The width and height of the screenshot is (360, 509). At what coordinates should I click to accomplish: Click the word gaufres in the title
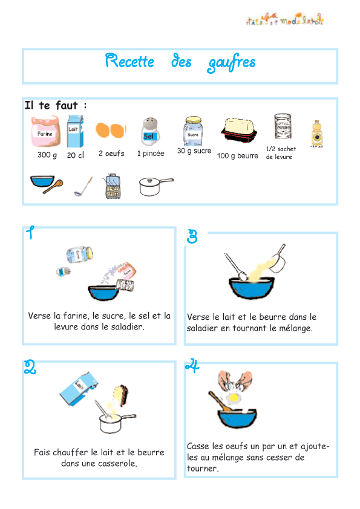click(x=231, y=63)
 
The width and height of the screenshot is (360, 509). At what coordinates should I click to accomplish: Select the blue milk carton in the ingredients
click(x=74, y=132)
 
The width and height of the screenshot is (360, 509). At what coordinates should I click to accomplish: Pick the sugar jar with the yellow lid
click(x=193, y=131)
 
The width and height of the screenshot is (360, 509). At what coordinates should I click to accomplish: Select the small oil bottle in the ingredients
click(x=316, y=134)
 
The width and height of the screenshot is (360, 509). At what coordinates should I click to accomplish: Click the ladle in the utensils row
click(x=83, y=187)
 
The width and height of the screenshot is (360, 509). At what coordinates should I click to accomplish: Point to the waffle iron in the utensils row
click(x=111, y=187)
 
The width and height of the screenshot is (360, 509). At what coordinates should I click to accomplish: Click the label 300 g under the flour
click(x=47, y=155)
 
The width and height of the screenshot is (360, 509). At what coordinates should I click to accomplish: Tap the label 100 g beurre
click(x=237, y=156)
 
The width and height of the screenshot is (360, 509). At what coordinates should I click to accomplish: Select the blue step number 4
click(x=192, y=366)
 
